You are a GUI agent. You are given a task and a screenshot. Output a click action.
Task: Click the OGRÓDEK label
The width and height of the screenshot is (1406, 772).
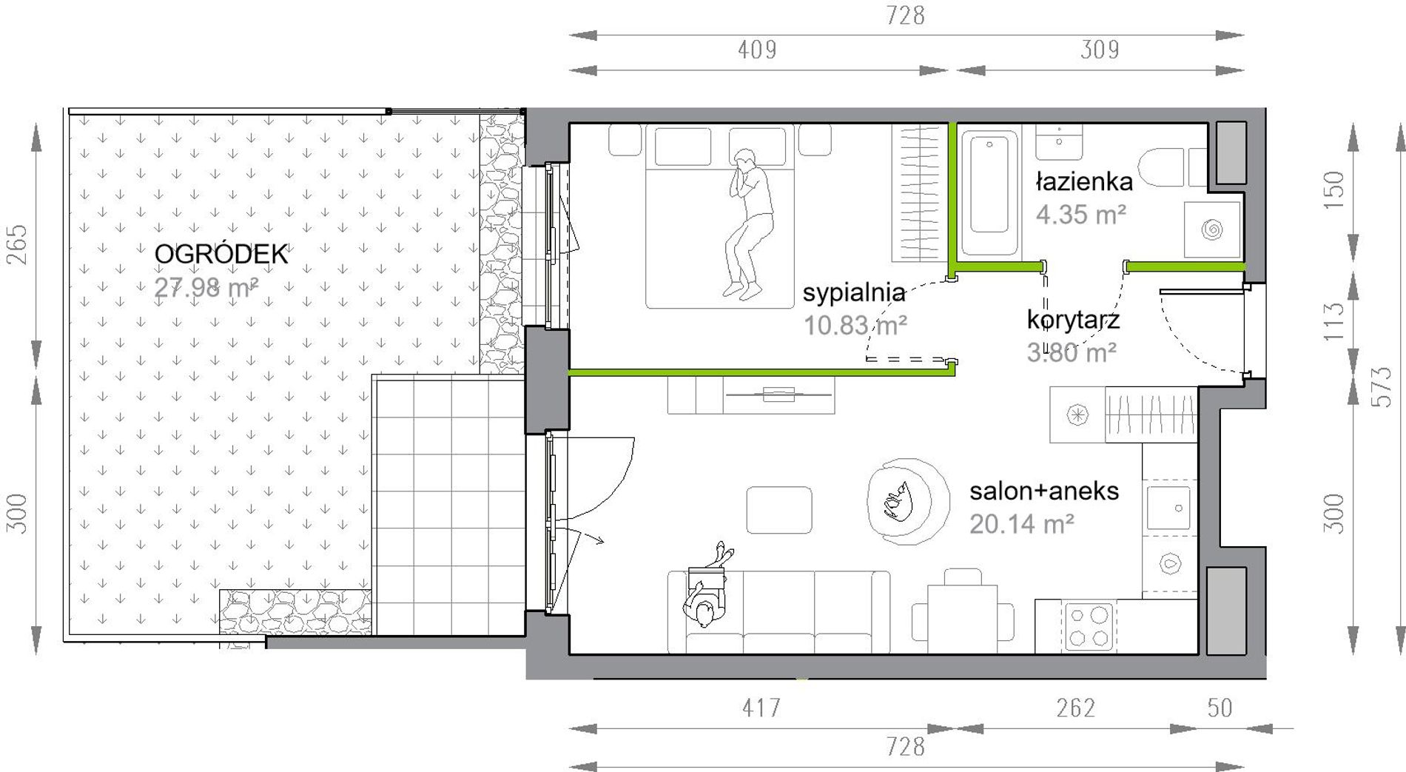coord(221,254)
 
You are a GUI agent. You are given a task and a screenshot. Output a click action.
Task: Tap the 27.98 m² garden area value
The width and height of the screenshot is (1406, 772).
coord(206,287)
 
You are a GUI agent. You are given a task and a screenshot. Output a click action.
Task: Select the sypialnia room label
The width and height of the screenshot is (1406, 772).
coord(854,293)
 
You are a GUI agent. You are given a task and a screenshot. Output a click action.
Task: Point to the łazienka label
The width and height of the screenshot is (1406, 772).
coord(1084,181)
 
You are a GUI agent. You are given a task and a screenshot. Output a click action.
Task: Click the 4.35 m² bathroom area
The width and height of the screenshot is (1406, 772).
coord(1080,215)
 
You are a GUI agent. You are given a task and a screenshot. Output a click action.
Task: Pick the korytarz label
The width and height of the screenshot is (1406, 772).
coord(1073,320)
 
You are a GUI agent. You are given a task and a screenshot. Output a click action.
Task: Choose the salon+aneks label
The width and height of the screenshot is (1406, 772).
coord(1044,491)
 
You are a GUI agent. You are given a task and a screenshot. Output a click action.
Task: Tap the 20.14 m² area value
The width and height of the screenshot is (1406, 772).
coord(1021,524)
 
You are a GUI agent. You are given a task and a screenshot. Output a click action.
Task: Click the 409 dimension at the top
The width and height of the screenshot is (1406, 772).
coord(757,50)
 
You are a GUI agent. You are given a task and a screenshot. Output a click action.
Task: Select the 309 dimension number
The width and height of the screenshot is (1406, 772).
coord(1100,50)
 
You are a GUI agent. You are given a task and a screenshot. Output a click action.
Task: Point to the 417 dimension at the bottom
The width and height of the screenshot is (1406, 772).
coord(761,708)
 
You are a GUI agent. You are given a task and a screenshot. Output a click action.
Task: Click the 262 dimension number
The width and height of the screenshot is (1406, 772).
coord(1075,708)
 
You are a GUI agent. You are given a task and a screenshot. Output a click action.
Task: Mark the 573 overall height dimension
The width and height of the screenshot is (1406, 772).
coord(1382,387)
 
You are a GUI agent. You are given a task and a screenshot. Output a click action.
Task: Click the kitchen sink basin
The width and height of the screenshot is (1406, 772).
coord(1168,508)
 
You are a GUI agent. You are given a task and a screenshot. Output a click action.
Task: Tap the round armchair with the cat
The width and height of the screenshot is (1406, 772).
coord(907,502)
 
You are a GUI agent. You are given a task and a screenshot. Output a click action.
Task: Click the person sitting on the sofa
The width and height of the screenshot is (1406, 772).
coord(707,588)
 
